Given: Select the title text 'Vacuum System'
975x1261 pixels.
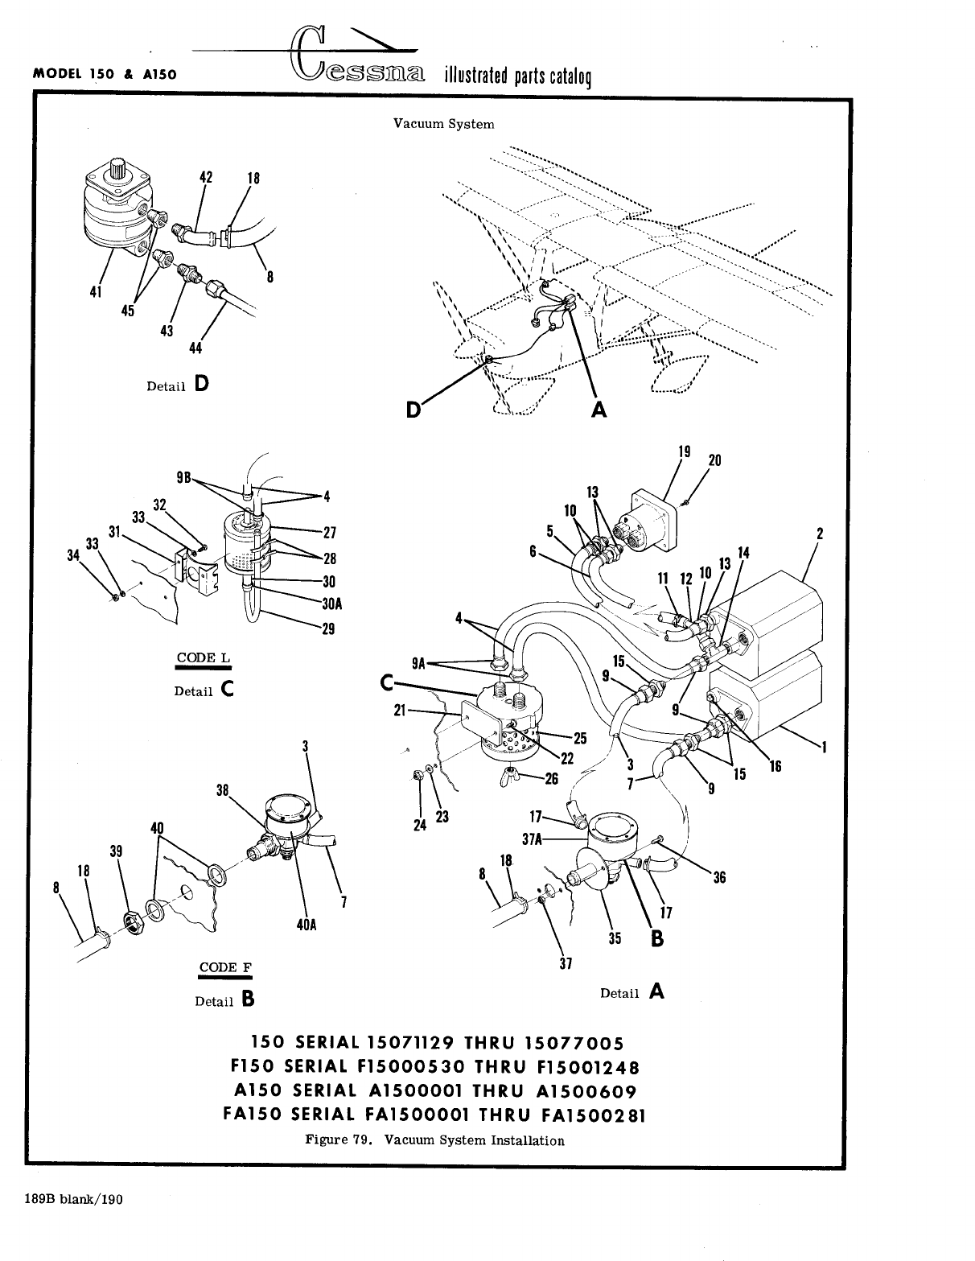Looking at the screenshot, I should tap(443, 124).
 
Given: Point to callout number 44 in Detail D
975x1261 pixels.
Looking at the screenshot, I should tap(195, 348).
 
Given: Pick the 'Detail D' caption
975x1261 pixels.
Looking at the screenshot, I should tap(177, 385).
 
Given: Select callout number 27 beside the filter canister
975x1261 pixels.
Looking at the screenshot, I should tap(329, 532).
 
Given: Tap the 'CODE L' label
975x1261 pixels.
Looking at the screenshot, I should tap(204, 657).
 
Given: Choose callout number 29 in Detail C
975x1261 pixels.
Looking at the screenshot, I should tap(327, 629).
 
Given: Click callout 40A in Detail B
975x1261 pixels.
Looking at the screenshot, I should tap(307, 925).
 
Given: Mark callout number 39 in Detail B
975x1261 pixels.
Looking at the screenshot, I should tap(117, 851).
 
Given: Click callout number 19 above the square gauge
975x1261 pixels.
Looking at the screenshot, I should tap(684, 452).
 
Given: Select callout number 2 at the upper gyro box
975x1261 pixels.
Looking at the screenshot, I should tap(819, 533).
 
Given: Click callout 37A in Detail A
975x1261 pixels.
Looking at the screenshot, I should tap(531, 839).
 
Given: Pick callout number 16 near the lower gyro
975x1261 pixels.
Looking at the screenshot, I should tap(775, 766).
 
